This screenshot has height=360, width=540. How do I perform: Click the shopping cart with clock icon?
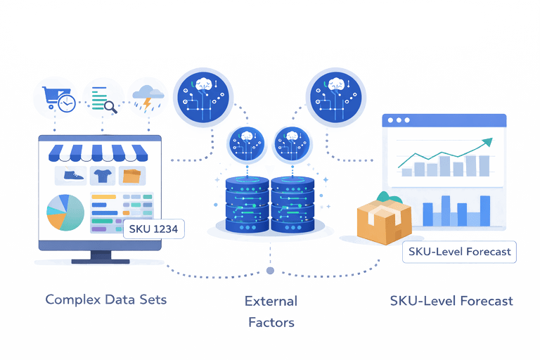[x=57, y=99]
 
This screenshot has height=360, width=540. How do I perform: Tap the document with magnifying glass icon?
[x=103, y=99]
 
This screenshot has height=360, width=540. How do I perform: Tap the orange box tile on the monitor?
[x=131, y=175]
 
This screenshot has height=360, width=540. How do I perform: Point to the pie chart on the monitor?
[x=65, y=212]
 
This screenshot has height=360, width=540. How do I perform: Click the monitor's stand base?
[x=100, y=261]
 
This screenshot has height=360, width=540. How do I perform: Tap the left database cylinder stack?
[x=247, y=205]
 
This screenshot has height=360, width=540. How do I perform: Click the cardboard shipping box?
[x=383, y=221]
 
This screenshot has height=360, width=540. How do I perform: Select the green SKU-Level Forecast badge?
[x=460, y=251]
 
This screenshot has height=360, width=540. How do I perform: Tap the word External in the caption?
[x=271, y=301]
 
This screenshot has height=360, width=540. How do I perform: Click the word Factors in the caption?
[x=271, y=323]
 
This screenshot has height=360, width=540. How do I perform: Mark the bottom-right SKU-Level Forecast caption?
[x=451, y=301]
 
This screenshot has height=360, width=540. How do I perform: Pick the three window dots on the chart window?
[x=399, y=120]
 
